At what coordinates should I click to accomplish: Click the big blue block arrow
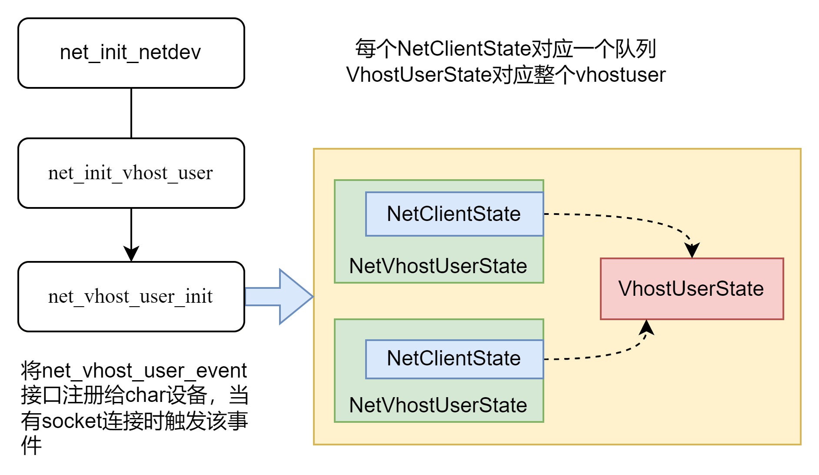click(278, 297)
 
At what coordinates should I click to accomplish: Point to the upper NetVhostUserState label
click(438, 266)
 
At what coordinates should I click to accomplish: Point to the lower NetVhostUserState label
click(438, 405)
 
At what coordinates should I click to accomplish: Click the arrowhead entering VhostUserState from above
click(692, 251)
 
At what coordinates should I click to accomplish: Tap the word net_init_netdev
click(130, 53)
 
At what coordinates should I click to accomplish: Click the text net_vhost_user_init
click(130, 296)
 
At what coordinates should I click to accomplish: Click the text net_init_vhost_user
click(130, 173)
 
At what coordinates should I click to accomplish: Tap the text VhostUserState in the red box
click(691, 288)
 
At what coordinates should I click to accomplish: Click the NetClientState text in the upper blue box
click(454, 214)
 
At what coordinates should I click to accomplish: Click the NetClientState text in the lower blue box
click(454, 358)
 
